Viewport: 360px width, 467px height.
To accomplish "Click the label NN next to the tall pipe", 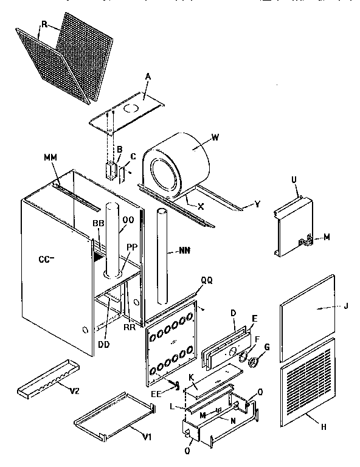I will click(183, 249).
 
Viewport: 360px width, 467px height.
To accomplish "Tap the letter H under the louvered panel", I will click(324, 427).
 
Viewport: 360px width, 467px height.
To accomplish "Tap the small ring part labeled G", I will click(253, 363).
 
